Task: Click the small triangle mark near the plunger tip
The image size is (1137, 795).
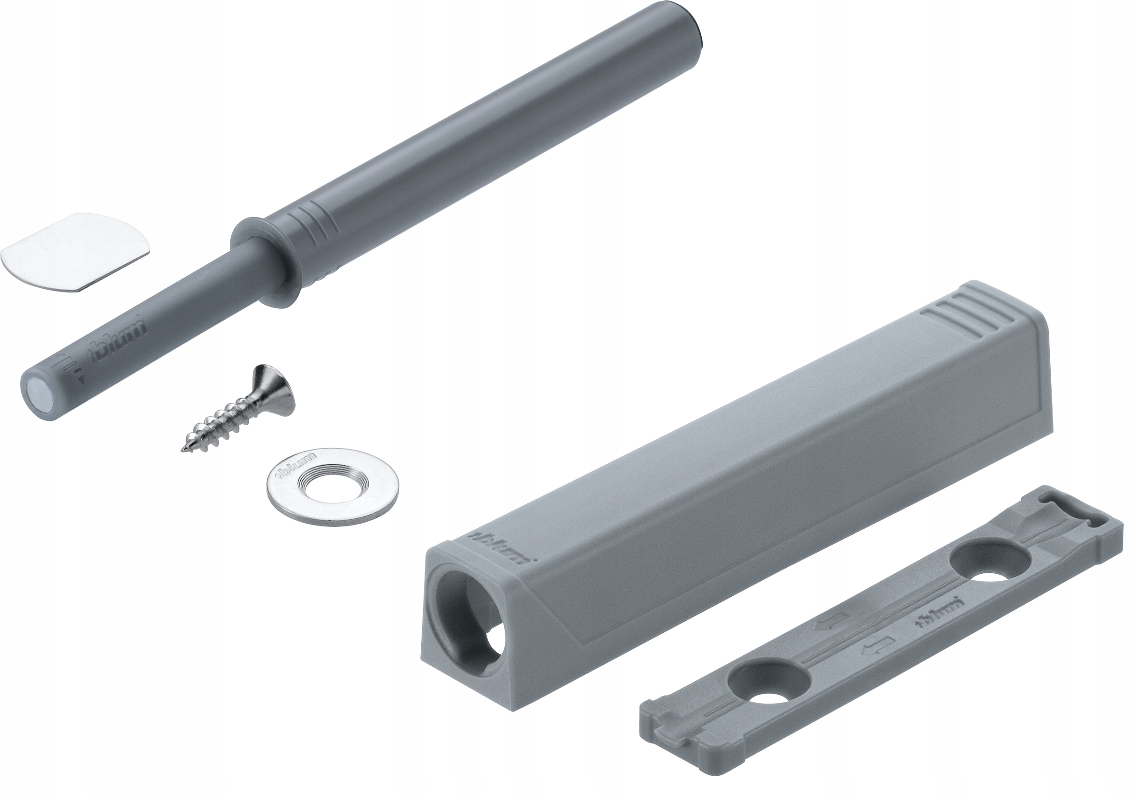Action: click(x=81, y=380)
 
